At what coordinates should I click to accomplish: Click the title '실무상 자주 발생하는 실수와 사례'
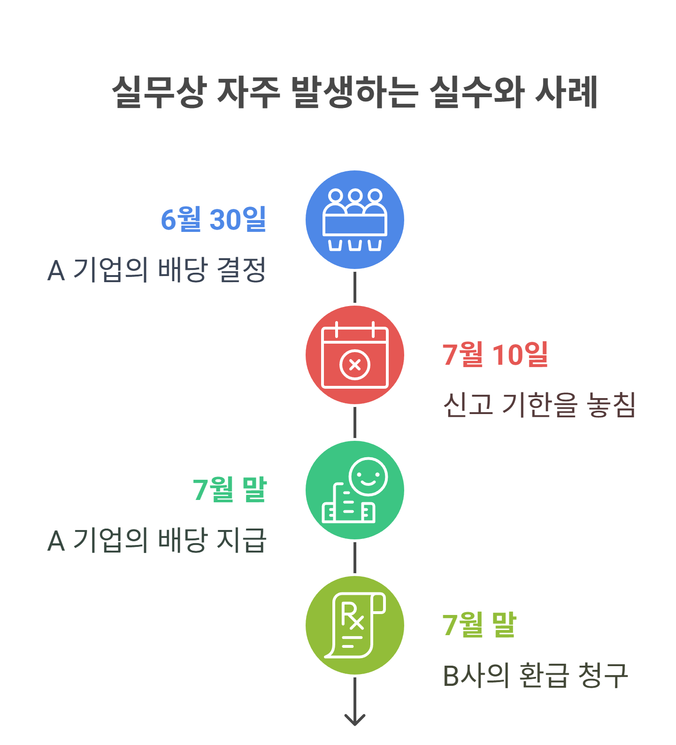[x=354, y=92]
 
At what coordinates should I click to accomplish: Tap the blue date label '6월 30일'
[x=214, y=219]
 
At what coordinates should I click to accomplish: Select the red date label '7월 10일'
[x=495, y=354]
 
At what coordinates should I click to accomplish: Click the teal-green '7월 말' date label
[x=230, y=490]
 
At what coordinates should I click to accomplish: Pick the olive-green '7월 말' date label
[x=479, y=625]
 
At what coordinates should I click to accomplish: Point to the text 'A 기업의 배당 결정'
[x=157, y=270]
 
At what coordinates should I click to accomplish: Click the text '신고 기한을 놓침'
[x=539, y=405]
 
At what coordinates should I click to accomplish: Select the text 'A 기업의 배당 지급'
[x=157, y=540]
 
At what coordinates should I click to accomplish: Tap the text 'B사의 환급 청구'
[x=535, y=676]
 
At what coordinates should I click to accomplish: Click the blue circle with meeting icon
[x=355, y=220]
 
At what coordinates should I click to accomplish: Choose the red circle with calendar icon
[x=355, y=355]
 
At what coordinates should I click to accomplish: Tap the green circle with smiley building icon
[x=355, y=490]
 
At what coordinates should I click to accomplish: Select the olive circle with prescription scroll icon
[x=355, y=625]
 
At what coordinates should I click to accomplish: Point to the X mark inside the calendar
[x=355, y=365]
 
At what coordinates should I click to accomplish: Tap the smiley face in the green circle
[x=369, y=476]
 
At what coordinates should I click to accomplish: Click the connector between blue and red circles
[x=355, y=287]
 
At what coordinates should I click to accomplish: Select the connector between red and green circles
[x=355, y=422]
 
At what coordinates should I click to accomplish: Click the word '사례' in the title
[x=567, y=92]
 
